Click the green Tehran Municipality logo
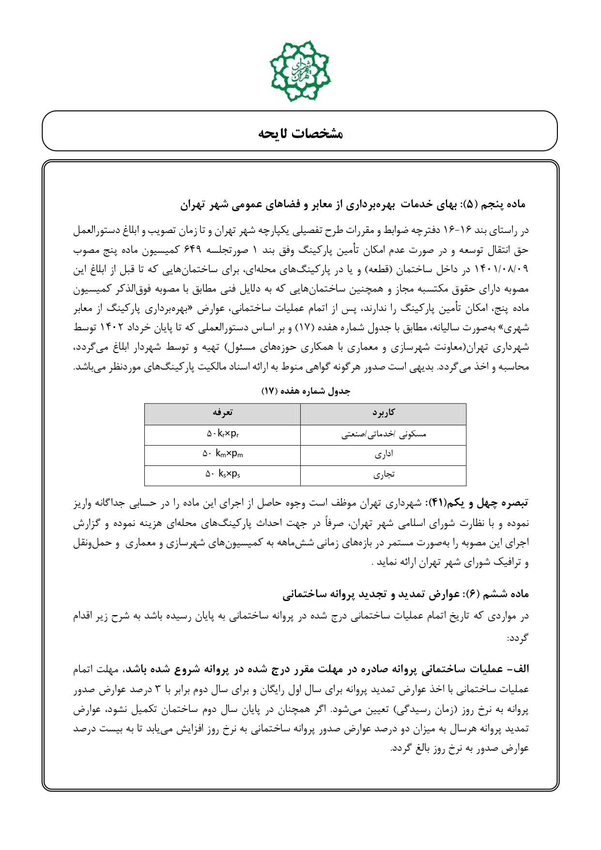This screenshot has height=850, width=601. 300,71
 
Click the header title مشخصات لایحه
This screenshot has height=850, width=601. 300,133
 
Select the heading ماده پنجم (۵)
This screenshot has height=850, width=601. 502,205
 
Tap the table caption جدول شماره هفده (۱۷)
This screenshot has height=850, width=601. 306,391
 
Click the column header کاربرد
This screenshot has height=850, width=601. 383,413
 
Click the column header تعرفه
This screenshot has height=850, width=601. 222,413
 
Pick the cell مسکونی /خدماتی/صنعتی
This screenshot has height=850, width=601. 383,434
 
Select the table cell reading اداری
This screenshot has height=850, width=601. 384,454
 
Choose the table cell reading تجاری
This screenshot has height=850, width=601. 384,475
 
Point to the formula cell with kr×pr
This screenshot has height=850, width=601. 223,434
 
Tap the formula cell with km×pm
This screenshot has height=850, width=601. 223,454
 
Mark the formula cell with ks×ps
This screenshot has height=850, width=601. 223,475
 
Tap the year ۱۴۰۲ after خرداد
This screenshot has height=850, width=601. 112,327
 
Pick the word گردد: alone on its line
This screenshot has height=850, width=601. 518,638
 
